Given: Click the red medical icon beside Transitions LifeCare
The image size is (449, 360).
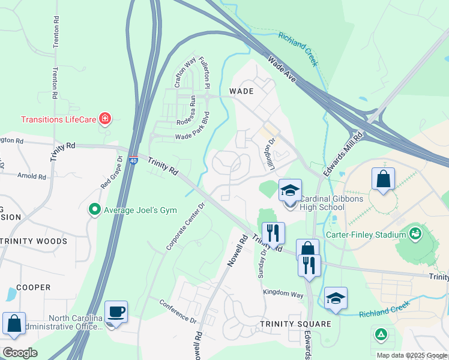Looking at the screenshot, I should [x=106, y=119].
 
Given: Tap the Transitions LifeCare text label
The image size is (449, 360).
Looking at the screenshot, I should [x=59, y=119].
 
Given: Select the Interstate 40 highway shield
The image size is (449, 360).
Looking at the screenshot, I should [x=134, y=160].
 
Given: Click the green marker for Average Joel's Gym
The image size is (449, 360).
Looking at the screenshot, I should [x=94, y=209].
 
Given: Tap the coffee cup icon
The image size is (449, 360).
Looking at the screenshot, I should [x=116, y=313].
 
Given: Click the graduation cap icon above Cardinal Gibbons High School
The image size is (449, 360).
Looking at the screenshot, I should [x=290, y=191].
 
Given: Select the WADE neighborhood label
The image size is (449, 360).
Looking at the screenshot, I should [x=241, y=92].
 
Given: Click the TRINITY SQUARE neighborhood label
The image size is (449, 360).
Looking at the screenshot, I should [x=295, y=324].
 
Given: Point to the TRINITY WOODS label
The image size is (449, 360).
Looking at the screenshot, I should [x=34, y=242].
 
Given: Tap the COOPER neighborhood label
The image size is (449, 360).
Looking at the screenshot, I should [x=33, y=287].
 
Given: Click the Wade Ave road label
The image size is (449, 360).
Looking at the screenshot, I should [x=282, y=69].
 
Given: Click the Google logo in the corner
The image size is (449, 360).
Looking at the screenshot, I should [x=20, y=352].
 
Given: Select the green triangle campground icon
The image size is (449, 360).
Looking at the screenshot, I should [x=380, y=334].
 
